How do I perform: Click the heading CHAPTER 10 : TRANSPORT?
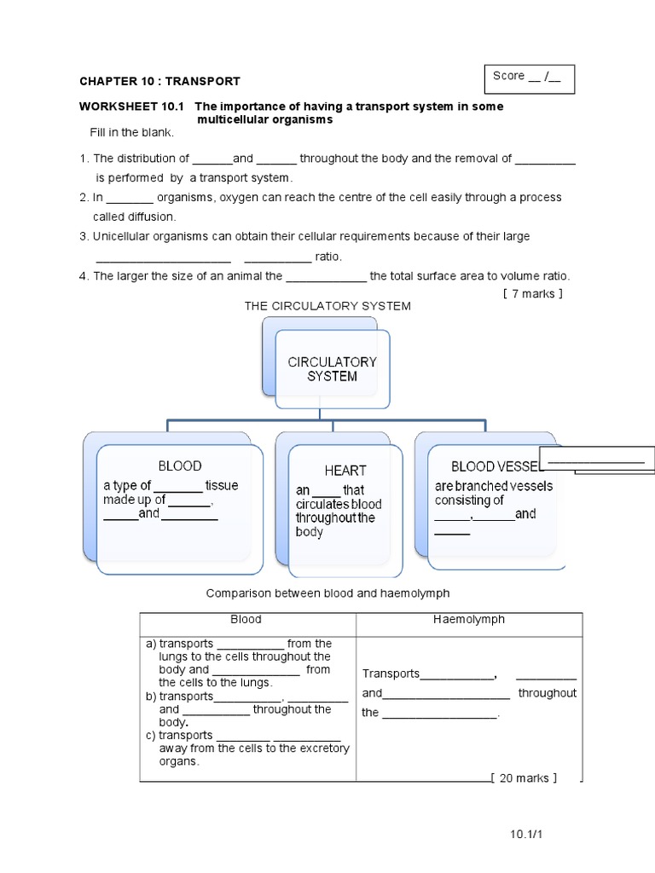tap(159, 82)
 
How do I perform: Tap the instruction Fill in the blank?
tap(131, 133)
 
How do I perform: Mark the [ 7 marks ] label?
tap(533, 294)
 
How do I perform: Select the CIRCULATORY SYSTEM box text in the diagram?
tap(332, 368)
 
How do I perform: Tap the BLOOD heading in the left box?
tap(180, 465)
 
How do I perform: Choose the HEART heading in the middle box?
tap(345, 470)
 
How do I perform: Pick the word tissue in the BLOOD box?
tap(222, 486)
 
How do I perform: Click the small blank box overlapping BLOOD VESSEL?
tap(596, 460)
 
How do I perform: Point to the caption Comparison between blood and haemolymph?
tap(327, 593)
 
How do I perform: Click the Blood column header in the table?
tap(246, 620)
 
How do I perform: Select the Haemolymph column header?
tap(469, 620)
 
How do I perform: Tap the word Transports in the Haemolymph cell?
tap(391, 674)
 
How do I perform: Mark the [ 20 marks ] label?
tap(525, 778)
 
